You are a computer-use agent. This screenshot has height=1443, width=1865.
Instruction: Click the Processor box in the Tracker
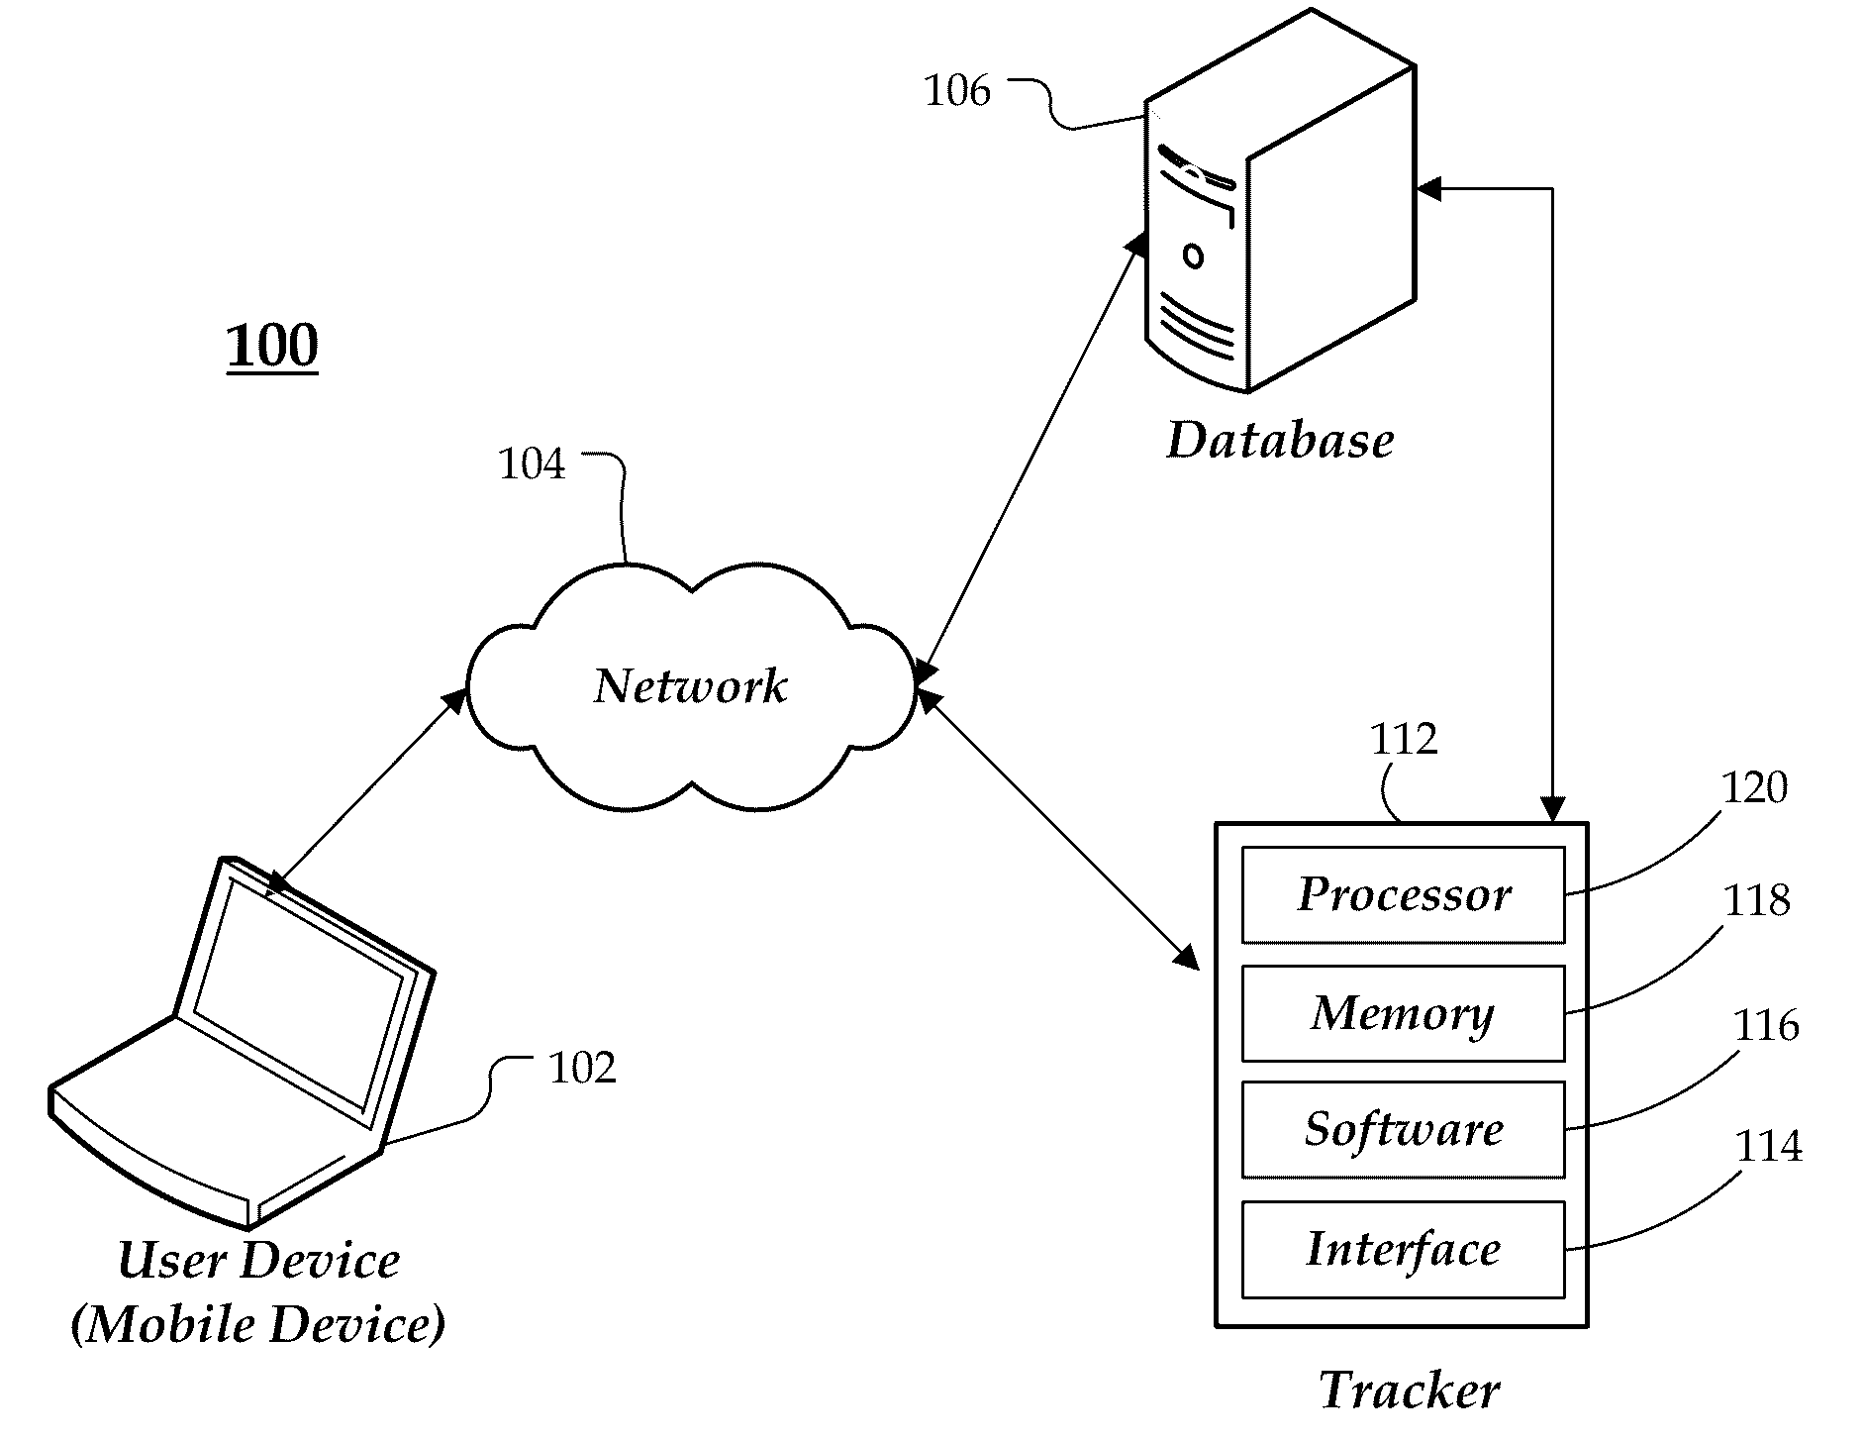1403,894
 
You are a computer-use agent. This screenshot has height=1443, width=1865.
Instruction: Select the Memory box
1403,1013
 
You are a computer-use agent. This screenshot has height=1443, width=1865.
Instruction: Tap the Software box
1403,1129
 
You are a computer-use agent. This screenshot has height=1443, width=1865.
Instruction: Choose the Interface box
1403,1249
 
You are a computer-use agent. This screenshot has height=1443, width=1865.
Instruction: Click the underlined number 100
272,346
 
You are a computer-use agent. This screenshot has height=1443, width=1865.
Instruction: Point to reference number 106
956,91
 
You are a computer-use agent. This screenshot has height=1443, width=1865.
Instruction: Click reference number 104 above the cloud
532,464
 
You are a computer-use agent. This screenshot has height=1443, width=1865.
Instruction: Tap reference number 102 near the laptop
582,1068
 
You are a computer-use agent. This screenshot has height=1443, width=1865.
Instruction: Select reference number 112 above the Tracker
1404,740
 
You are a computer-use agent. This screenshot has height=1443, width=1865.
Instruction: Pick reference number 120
1755,788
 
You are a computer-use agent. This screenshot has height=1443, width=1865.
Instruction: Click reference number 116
1767,1026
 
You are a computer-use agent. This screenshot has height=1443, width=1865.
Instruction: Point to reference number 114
1769,1147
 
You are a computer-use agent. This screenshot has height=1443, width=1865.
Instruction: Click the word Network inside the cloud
690,686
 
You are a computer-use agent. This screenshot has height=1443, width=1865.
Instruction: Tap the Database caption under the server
1280,441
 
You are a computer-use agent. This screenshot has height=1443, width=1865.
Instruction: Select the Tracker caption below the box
1410,1391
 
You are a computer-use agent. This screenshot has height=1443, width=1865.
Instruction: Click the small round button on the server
1194,257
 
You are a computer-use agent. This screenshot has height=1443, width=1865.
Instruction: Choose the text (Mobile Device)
257,1325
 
